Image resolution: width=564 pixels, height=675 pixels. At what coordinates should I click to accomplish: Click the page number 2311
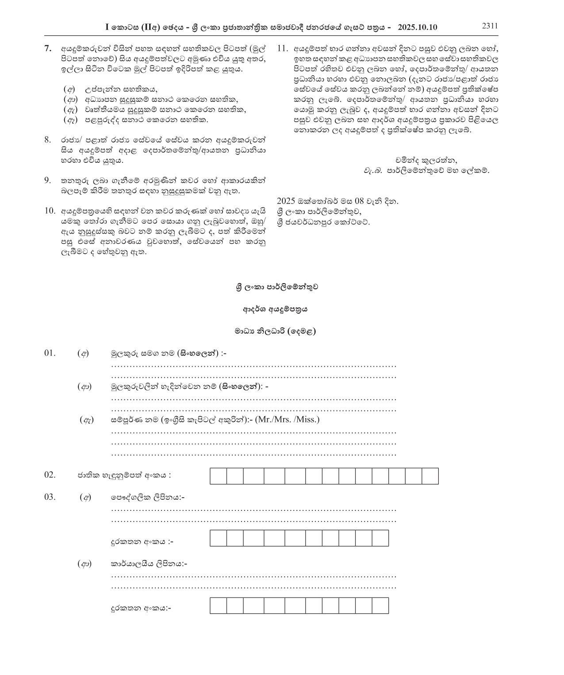coord(490,26)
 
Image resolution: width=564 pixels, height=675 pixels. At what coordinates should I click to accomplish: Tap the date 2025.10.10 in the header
coord(417,27)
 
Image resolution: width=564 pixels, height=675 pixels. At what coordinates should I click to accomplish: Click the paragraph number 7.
coord(49,48)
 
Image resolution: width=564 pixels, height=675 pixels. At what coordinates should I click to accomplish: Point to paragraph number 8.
coord(48,140)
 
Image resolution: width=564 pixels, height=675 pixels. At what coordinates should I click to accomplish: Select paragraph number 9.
coord(48,180)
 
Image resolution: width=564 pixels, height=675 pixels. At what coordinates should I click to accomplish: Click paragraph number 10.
coord(50,211)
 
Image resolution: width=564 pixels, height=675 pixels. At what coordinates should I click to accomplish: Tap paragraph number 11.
coord(282,48)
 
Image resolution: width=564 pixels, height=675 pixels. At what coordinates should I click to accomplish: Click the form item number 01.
coord(50,353)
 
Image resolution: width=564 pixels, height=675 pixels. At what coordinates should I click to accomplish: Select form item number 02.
coord(50,475)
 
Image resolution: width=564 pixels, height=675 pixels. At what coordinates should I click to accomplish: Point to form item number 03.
coord(50,497)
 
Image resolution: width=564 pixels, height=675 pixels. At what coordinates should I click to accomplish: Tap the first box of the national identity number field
coord(218,476)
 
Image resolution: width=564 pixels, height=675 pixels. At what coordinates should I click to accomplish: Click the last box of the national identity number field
coord(430,476)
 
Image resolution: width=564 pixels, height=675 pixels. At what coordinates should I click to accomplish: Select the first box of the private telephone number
coord(218,538)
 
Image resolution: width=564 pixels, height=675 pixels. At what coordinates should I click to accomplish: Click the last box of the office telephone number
coord(380,605)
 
